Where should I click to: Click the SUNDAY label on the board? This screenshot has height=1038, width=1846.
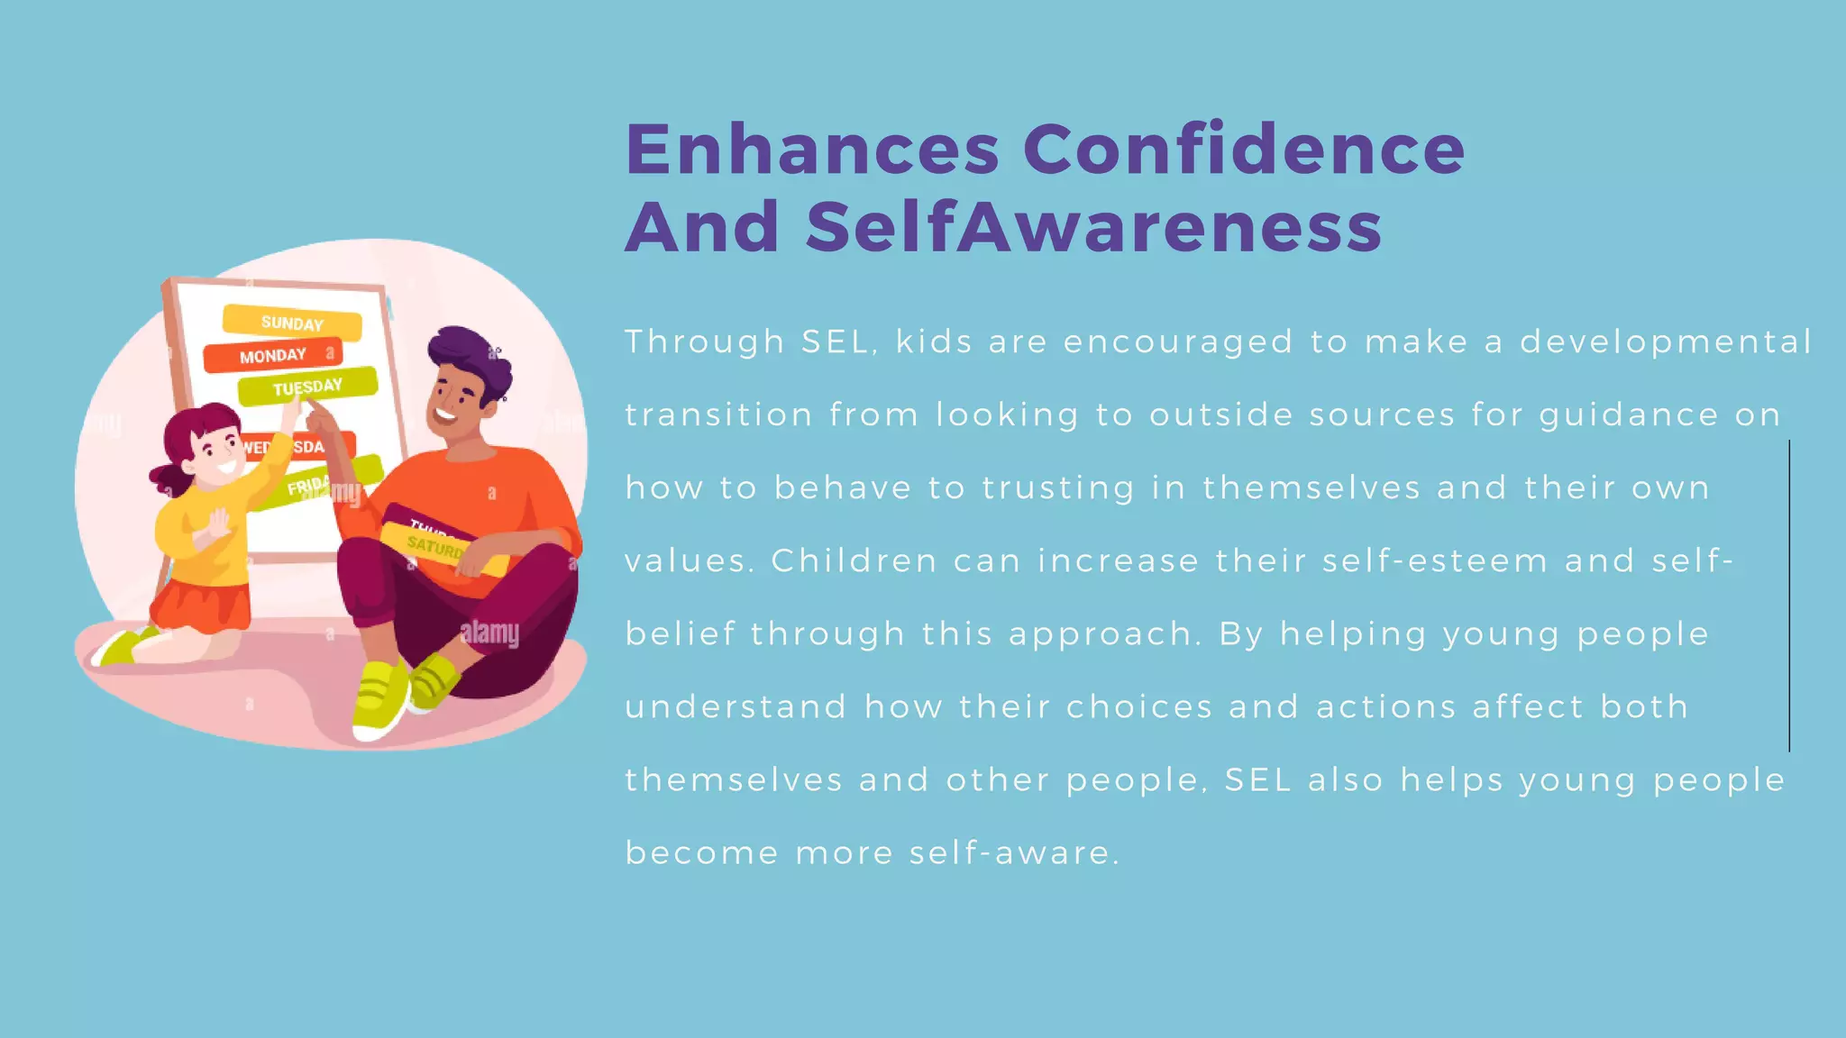click(292, 323)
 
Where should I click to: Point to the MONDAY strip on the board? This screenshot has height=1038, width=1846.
click(272, 356)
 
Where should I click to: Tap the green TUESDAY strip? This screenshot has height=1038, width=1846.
click(308, 387)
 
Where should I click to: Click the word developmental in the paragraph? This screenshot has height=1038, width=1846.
click(1666, 342)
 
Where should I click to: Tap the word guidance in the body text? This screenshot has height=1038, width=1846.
click(1629, 415)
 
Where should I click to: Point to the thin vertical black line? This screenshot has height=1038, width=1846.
click(1789, 595)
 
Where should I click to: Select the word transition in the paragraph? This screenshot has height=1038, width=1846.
click(718, 415)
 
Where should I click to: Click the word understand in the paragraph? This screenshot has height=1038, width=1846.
click(736, 707)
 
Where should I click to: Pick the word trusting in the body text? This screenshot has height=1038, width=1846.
click(1058, 488)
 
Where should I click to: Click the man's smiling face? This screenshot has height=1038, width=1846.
click(455, 402)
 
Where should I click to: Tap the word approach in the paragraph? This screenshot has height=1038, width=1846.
click(1105, 634)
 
